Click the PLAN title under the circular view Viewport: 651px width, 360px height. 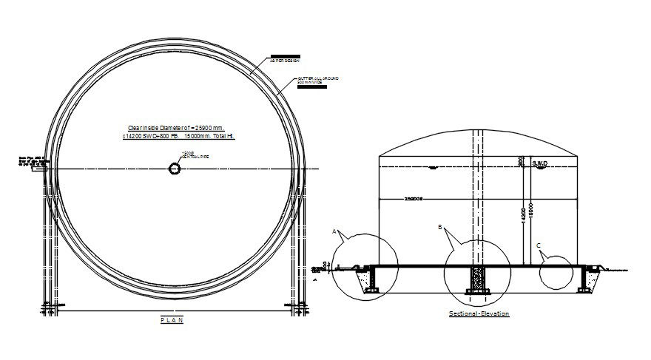[x=172, y=320]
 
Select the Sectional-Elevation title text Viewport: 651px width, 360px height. [x=479, y=313]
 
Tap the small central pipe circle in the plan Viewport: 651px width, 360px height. [x=175, y=169]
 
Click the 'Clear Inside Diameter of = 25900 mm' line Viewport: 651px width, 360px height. [x=176, y=127]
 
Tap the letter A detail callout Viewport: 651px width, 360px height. [x=334, y=231]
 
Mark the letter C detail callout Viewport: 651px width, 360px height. [x=538, y=245]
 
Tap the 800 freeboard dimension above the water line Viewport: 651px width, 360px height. [x=522, y=160]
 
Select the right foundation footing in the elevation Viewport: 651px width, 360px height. [x=590, y=281]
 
